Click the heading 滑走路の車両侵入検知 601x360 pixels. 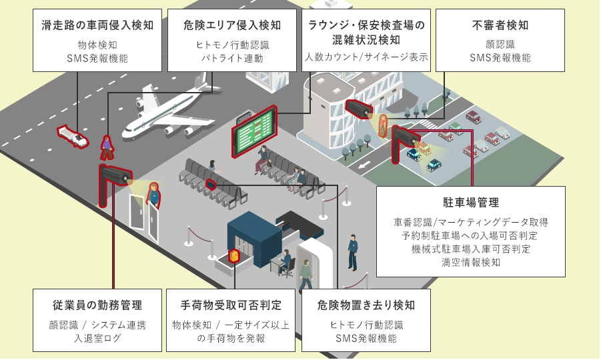[x=97, y=25]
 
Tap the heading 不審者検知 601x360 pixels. [x=500, y=25]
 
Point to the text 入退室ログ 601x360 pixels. [x=97, y=338]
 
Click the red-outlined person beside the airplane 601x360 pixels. [x=106, y=147]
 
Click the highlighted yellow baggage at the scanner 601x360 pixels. [x=233, y=257]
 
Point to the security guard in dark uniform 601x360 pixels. [x=352, y=251]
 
